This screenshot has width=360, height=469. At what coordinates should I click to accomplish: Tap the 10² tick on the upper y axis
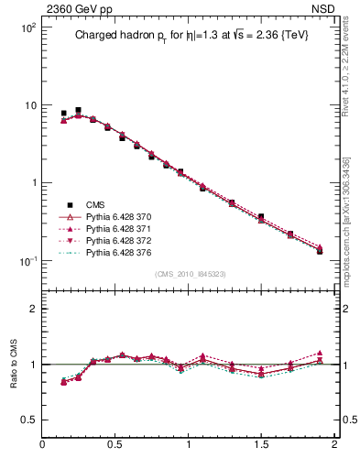28,28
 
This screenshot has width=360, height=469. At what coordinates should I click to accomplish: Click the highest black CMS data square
78,110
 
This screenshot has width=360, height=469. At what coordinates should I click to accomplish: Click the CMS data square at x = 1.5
261,217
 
